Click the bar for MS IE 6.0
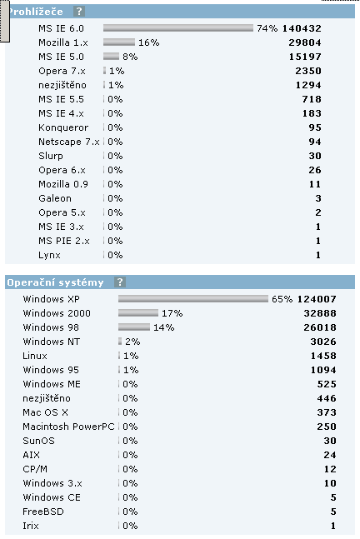(x=178, y=28)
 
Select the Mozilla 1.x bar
(x=119, y=42)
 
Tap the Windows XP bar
(x=192, y=299)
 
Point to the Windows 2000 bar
(x=138, y=313)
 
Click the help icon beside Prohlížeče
(x=79, y=12)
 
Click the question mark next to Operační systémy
(x=120, y=282)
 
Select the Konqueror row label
(x=63, y=127)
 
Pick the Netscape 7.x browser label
(x=69, y=142)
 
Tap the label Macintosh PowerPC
(x=68, y=427)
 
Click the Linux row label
(x=35, y=356)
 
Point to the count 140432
(x=302, y=28)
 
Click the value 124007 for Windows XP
(x=317, y=299)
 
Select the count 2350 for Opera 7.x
(x=308, y=71)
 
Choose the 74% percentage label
(x=267, y=28)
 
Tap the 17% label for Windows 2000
(x=172, y=313)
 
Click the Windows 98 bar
(x=134, y=327)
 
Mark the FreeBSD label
(x=43, y=512)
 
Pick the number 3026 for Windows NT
(x=323, y=342)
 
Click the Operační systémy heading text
(x=55, y=282)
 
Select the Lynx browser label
(x=49, y=255)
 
